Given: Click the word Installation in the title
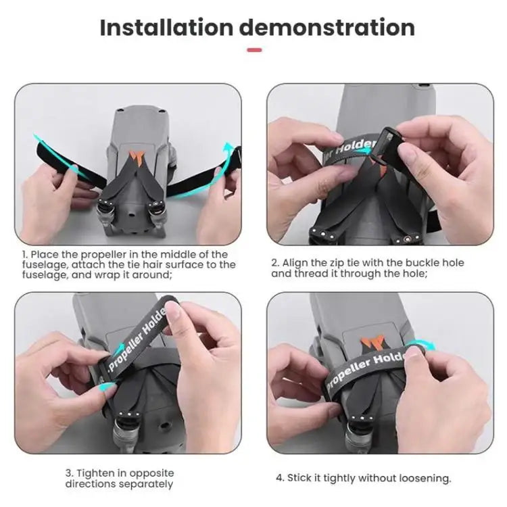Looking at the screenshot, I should (166, 28).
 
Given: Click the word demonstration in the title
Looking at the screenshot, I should (327, 28).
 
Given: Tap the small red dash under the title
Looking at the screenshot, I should (254, 49).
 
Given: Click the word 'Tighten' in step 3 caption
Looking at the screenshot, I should (97, 473).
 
